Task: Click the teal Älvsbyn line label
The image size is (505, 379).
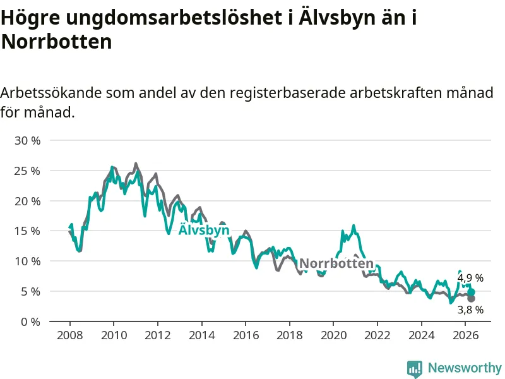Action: [x=204, y=230]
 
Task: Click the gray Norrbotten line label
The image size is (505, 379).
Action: [x=336, y=263]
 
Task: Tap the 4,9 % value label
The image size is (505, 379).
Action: [x=470, y=278]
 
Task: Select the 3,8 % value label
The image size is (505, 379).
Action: [x=470, y=310]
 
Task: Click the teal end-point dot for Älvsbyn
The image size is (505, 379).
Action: [x=471, y=292]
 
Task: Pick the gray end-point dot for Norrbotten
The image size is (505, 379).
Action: [x=471, y=299]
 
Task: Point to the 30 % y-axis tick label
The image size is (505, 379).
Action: [x=28, y=140]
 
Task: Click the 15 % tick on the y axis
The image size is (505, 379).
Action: [x=28, y=231]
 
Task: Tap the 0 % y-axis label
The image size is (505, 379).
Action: [x=30, y=322]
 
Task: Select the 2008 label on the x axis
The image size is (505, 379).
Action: [x=70, y=335]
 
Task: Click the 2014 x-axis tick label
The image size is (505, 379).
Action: [x=201, y=335]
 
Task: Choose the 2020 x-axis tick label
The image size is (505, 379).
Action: [x=334, y=335]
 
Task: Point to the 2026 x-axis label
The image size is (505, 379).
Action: [x=465, y=335]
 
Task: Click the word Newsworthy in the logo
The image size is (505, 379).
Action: [x=465, y=368]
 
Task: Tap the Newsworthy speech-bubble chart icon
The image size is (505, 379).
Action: [x=415, y=369]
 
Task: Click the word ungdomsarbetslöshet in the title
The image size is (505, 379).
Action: [x=176, y=18]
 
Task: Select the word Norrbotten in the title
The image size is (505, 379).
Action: [x=56, y=41]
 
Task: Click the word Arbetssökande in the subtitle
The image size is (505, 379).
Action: [x=51, y=93]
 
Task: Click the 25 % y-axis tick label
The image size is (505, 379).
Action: [x=28, y=171]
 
